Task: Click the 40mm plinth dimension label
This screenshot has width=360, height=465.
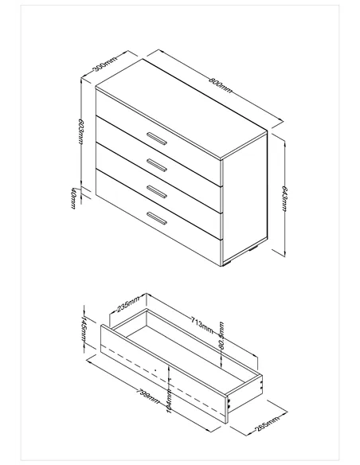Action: [x=72, y=197]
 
